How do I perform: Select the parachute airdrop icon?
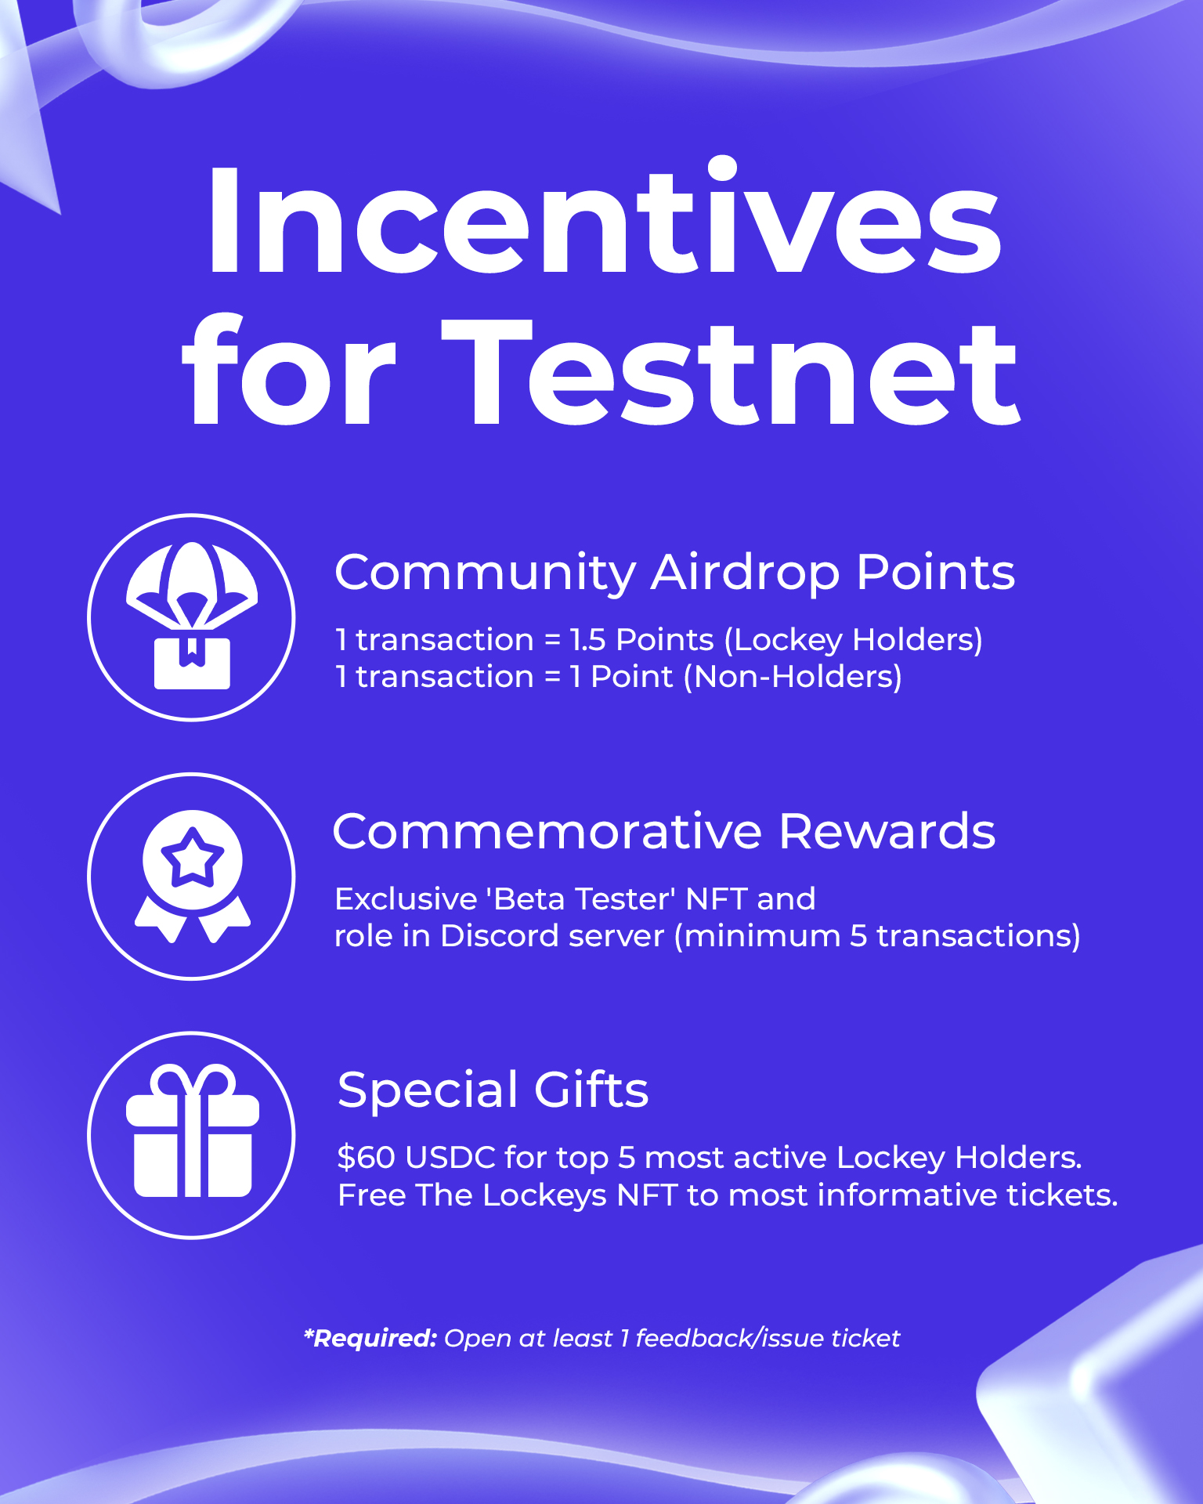click(x=192, y=615)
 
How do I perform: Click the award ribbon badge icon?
click(x=193, y=876)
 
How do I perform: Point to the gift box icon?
click(x=193, y=1130)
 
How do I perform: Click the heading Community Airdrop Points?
click(x=674, y=573)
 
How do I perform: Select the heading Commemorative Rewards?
click(x=664, y=830)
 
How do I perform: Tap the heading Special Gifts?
click(x=493, y=1090)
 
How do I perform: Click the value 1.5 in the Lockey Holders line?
click(x=587, y=640)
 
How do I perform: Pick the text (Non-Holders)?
click(x=793, y=677)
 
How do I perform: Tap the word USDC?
click(x=451, y=1158)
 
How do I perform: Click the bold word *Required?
click(x=370, y=1338)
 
